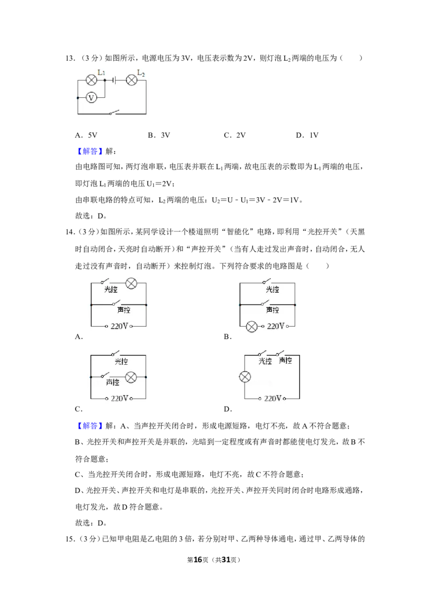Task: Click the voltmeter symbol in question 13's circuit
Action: click(x=91, y=97)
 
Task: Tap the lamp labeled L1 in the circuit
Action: click(x=91, y=80)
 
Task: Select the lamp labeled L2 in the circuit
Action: click(x=132, y=80)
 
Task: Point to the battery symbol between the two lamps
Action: click(x=114, y=80)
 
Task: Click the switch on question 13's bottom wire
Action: click(x=114, y=112)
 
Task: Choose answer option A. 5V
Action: click(x=86, y=135)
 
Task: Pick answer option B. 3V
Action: click(x=159, y=135)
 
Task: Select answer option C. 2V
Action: click(x=235, y=135)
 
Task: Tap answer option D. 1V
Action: click(x=307, y=135)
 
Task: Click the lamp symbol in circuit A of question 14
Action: click(x=132, y=284)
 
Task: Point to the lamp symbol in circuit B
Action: click(x=252, y=327)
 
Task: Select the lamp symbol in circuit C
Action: click(x=131, y=377)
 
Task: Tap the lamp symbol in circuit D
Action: click(x=245, y=377)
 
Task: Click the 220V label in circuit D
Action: click(x=273, y=399)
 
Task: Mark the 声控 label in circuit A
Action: click(x=124, y=310)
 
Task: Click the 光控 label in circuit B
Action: click(x=273, y=289)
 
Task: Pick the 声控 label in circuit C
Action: click(x=112, y=382)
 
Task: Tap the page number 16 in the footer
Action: click(x=198, y=560)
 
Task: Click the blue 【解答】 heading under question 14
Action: click(x=90, y=426)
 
